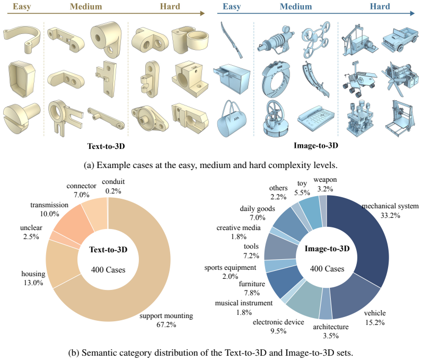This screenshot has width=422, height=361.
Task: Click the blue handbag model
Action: click(x=231, y=120)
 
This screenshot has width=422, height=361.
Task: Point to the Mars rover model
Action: click(x=359, y=80)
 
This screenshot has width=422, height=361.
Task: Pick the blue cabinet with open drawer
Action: click(x=232, y=78)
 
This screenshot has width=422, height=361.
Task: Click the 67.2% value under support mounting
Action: click(x=166, y=324)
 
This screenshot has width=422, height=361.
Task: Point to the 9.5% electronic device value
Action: click(x=278, y=331)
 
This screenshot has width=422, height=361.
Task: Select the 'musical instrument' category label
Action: click(x=243, y=303)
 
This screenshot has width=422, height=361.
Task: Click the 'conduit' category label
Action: click(x=113, y=182)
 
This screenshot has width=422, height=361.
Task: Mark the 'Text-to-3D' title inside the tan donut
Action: click(x=108, y=250)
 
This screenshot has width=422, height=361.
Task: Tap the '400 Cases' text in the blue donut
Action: click(x=327, y=269)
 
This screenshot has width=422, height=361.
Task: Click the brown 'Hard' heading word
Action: click(x=170, y=6)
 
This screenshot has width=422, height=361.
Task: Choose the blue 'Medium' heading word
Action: click(x=296, y=6)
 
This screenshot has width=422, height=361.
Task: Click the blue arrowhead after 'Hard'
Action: click(x=412, y=13)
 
